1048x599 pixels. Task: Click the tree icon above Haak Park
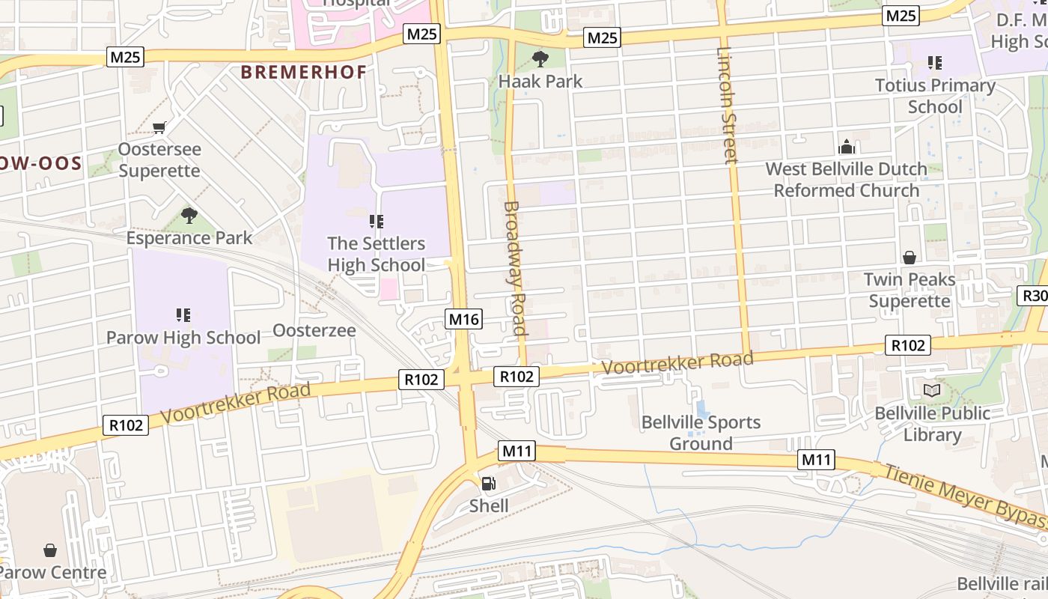point(539,58)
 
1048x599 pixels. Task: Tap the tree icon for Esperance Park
point(189,216)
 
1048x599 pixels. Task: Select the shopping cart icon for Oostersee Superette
point(159,127)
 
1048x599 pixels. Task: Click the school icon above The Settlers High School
point(376,222)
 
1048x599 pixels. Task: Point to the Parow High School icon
point(183,315)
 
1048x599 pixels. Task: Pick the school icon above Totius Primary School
point(934,63)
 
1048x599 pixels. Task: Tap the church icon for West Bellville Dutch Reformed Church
point(846,147)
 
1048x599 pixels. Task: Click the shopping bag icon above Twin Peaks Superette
point(909,258)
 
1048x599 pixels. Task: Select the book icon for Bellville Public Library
point(932,390)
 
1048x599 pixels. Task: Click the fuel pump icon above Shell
point(488,484)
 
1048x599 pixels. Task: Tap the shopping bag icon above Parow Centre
point(50,551)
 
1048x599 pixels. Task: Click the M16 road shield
point(463,320)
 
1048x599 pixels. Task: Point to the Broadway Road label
point(514,268)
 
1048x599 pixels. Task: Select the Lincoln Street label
point(727,105)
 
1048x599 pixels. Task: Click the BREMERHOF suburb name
point(303,73)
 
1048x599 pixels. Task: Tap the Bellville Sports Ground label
point(701,433)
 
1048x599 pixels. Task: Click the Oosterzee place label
point(314,330)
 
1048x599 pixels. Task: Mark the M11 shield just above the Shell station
point(517,451)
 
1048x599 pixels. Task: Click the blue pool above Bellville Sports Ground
point(701,410)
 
